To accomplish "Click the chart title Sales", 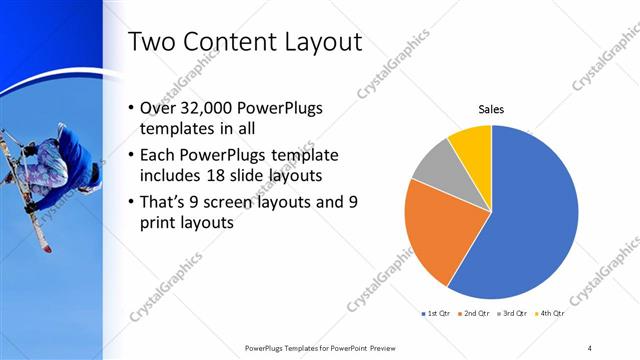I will coord(491,109).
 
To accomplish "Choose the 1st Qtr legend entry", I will coord(439,314).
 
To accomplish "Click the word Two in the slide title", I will coord(156,42).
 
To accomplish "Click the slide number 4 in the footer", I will coord(589,347).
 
